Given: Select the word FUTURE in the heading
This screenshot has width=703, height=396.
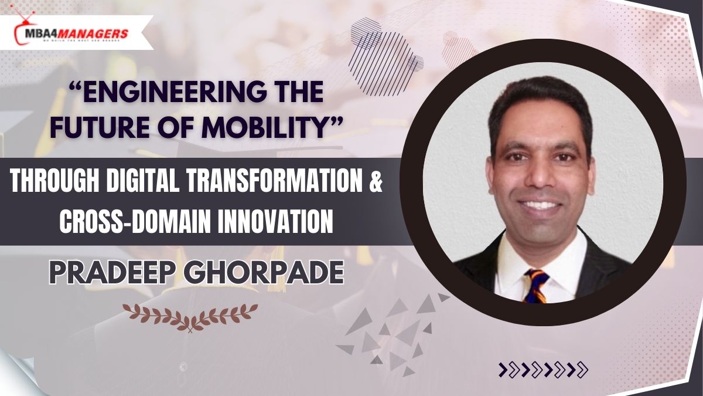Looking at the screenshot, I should (100, 127).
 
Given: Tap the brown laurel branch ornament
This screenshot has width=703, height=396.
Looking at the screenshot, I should (190, 317).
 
